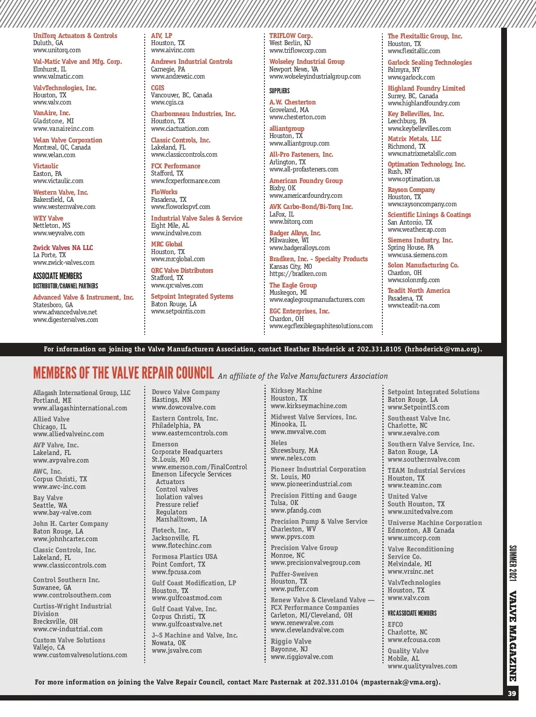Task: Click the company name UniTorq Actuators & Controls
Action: pos(75,36)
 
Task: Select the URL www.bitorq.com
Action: pos(291,221)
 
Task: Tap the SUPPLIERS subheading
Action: pos(279,91)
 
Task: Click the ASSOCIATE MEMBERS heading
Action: pos(58,276)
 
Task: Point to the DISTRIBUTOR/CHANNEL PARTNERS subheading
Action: pos(65,286)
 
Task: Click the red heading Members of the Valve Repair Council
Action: pos(123,373)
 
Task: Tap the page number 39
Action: pos(512,693)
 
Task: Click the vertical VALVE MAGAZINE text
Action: pos(512,636)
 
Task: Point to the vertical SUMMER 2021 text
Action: pos(512,563)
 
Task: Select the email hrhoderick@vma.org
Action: pos(442,349)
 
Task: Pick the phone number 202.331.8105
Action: pos(379,349)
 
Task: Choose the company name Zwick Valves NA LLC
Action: pos(63,248)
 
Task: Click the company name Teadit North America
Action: pos(419,291)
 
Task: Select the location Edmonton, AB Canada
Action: pos(421,530)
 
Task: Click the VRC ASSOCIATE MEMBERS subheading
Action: pos(412,613)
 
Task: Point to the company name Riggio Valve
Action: pos(291,642)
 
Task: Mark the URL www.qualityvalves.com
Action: pos(422,666)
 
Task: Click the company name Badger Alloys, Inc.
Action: pos(295,233)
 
